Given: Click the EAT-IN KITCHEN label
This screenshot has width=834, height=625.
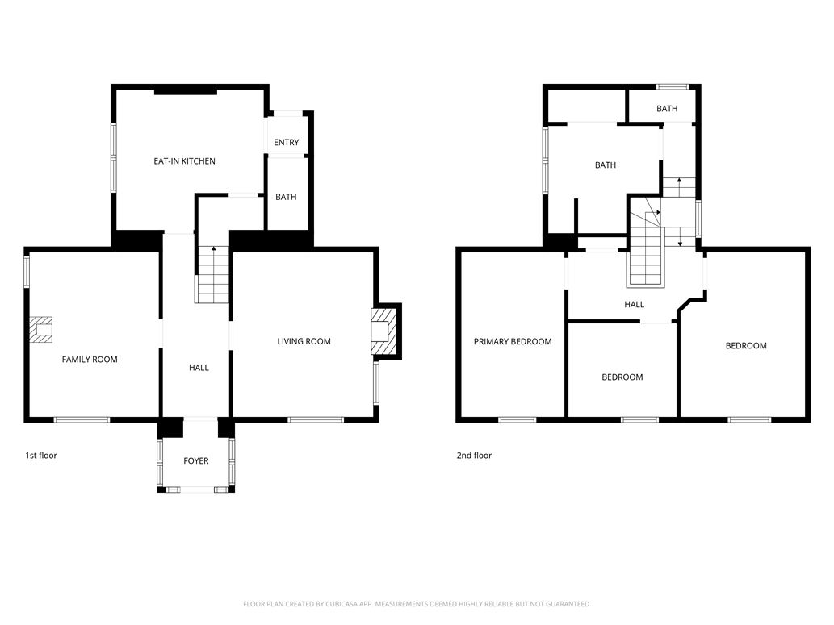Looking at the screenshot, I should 184,161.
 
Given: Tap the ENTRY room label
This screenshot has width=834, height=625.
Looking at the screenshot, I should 286,143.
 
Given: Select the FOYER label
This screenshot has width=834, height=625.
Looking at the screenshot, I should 195,461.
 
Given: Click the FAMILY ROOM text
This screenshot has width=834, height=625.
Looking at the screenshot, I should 90,360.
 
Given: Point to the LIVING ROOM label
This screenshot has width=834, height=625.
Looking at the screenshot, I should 304,341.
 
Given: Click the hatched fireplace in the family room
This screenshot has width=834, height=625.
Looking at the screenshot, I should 41,330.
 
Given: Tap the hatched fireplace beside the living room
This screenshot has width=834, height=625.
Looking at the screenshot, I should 384,331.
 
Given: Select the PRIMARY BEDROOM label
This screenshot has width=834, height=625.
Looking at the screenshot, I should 513,341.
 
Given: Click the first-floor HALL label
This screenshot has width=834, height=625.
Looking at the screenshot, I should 199,368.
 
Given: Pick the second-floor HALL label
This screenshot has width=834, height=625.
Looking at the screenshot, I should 634,305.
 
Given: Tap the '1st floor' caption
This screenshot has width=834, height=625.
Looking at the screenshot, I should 41,456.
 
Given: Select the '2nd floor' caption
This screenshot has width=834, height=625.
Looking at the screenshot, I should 474,456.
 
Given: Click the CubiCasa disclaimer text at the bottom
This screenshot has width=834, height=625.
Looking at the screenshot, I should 417,604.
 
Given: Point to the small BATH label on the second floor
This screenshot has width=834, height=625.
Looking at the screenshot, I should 667,109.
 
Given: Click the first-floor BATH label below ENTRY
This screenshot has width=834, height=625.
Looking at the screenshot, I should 286,197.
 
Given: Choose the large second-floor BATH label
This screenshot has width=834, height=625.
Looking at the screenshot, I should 605,165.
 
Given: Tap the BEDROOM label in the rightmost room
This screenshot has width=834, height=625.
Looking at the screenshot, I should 745,346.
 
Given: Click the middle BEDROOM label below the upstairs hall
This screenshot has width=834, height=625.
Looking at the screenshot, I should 622,377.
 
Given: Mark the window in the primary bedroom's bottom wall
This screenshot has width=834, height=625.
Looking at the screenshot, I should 517,419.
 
